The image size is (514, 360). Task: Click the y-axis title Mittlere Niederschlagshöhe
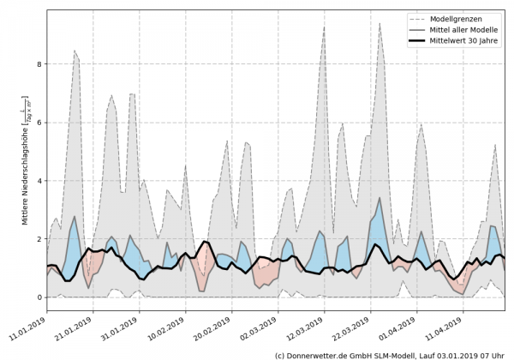pyautogui.click(x=23, y=171)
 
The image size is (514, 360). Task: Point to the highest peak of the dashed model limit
pyautogui.click(x=380, y=23)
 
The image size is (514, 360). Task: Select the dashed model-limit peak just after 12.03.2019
pyautogui.click(x=324, y=27)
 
